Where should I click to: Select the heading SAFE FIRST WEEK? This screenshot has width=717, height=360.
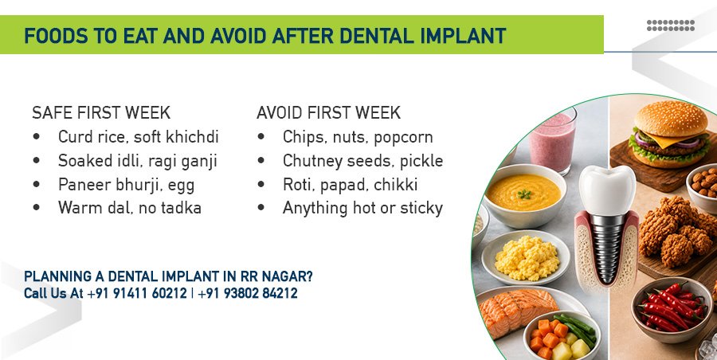[101, 112]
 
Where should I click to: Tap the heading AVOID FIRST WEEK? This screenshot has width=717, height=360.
[328, 112]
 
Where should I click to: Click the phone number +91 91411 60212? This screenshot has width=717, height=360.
[137, 293]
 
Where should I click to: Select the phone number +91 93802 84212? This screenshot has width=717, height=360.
[248, 293]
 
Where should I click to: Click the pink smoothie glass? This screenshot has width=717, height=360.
[552, 139]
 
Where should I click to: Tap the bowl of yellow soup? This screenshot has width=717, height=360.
[524, 194]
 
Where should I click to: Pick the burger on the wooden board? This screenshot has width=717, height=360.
[670, 135]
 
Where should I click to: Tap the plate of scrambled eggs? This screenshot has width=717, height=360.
[526, 257]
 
